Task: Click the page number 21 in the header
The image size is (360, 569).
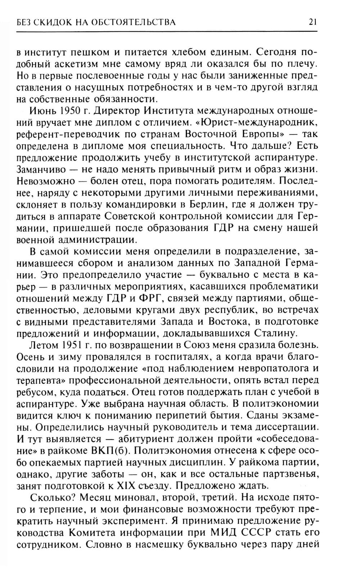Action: [x=312, y=22]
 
